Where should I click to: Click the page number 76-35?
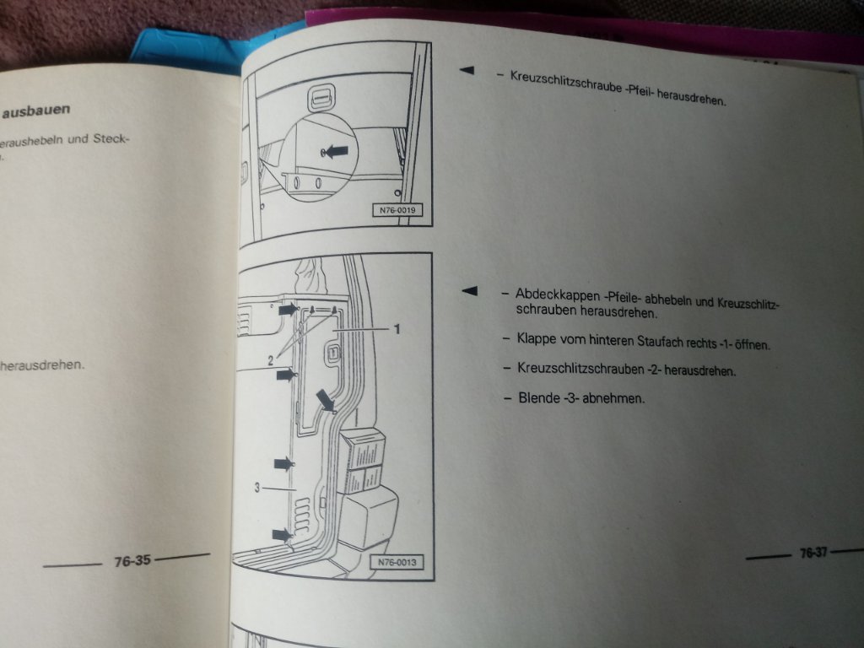132,559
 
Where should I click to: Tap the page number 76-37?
813,553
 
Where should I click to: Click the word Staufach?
663,343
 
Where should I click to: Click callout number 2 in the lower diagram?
271,359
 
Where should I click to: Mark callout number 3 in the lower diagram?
258,487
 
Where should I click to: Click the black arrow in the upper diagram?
336,152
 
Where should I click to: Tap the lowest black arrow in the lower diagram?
283,534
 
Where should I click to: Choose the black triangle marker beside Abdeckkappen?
470,291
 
